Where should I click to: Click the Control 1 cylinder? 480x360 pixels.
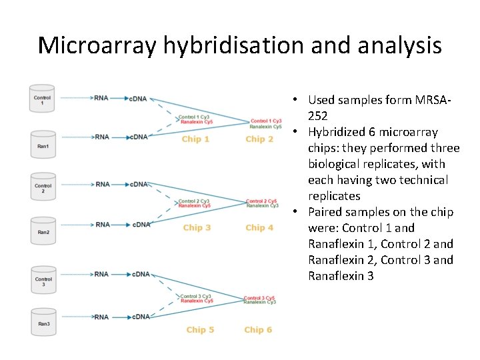42,99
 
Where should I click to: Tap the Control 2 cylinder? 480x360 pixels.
42,187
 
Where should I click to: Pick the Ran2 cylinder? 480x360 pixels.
42,231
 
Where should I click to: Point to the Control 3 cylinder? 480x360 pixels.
43,280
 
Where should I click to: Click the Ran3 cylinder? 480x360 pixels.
43,323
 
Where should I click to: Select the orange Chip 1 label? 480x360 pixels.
195,139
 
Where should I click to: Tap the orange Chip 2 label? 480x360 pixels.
259,139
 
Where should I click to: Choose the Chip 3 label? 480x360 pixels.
197,228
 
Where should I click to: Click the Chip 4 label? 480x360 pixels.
259,228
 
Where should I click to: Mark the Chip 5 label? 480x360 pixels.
200,330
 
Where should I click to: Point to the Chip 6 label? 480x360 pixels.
258,330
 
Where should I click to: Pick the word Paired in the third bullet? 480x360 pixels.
325,212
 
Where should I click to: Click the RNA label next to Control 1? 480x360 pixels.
102,99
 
